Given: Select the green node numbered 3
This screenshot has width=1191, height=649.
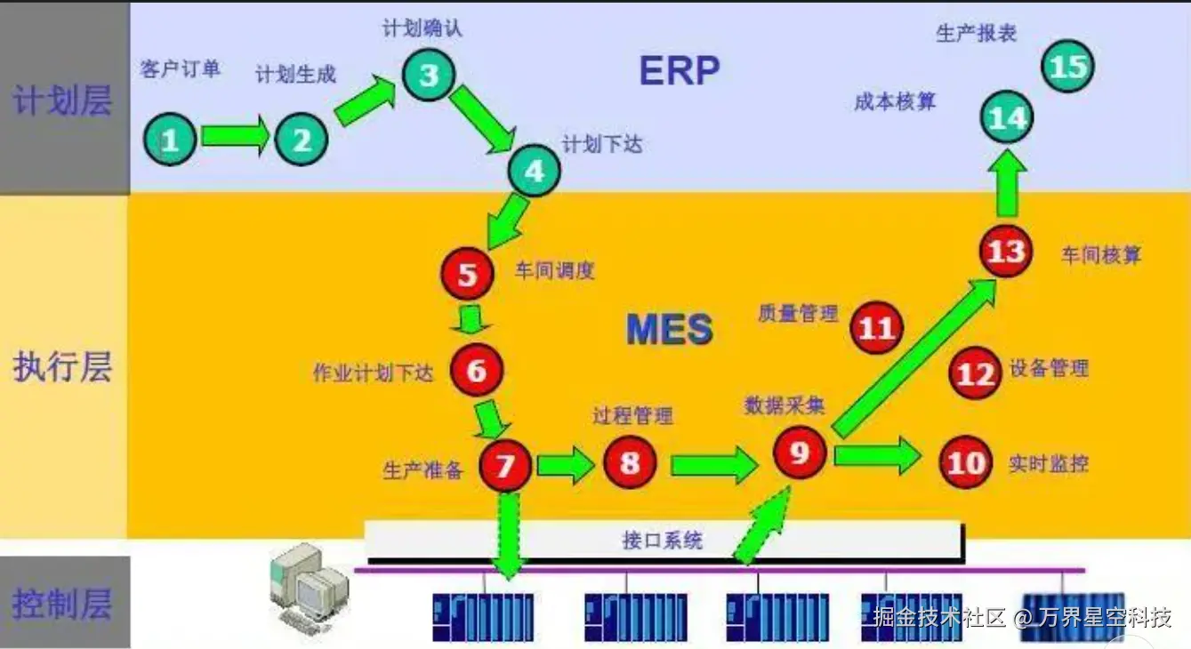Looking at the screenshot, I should click(x=429, y=75).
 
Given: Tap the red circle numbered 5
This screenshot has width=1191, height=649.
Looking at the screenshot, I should click(x=468, y=275).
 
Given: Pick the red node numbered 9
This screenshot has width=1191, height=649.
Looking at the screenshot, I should click(x=799, y=453).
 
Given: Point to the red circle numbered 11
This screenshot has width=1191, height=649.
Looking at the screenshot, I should click(x=876, y=328).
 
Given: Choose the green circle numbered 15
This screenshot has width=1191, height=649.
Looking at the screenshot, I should click(x=1067, y=67).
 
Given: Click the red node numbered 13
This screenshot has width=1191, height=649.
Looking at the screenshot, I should click(x=1006, y=252).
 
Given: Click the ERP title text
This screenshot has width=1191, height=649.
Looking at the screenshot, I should click(x=680, y=70).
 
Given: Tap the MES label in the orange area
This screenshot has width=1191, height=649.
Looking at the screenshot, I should click(x=670, y=329).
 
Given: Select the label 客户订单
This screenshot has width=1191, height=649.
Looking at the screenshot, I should click(x=181, y=68).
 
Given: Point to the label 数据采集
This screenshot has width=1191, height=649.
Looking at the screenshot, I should click(x=785, y=405).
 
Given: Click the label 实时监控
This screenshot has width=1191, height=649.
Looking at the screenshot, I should click(x=1048, y=462).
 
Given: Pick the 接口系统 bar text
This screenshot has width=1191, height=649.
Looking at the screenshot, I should click(x=662, y=540).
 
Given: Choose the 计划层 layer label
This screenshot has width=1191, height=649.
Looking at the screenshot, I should click(x=62, y=100).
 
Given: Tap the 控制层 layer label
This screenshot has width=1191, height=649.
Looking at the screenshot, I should click(x=62, y=605).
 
